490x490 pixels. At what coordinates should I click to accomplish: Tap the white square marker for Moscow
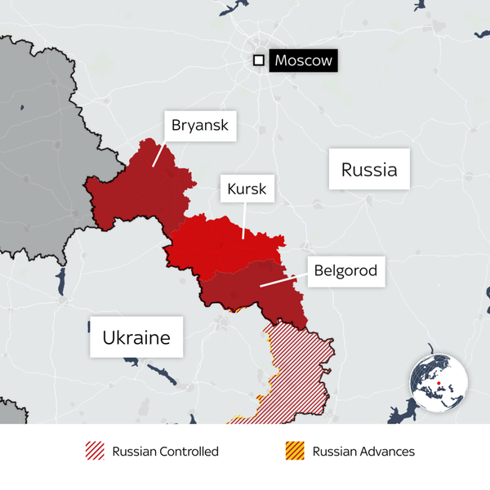point(259,60)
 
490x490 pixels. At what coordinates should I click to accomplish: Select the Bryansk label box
point(200,127)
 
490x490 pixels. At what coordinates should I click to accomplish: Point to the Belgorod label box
point(345,270)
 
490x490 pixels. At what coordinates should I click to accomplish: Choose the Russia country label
point(369,170)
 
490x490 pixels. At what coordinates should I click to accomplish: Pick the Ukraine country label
point(136,337)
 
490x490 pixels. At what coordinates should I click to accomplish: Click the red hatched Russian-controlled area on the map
point(298,367)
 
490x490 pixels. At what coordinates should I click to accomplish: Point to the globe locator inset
point(439,384)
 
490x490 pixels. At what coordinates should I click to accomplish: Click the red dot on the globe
point(439,383)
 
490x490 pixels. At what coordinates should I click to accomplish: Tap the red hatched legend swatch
point(96,451)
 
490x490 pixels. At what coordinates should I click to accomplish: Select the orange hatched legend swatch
point(295,451)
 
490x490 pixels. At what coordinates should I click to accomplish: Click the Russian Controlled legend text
point(166,451)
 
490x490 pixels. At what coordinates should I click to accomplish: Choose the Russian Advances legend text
point(363,451)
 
